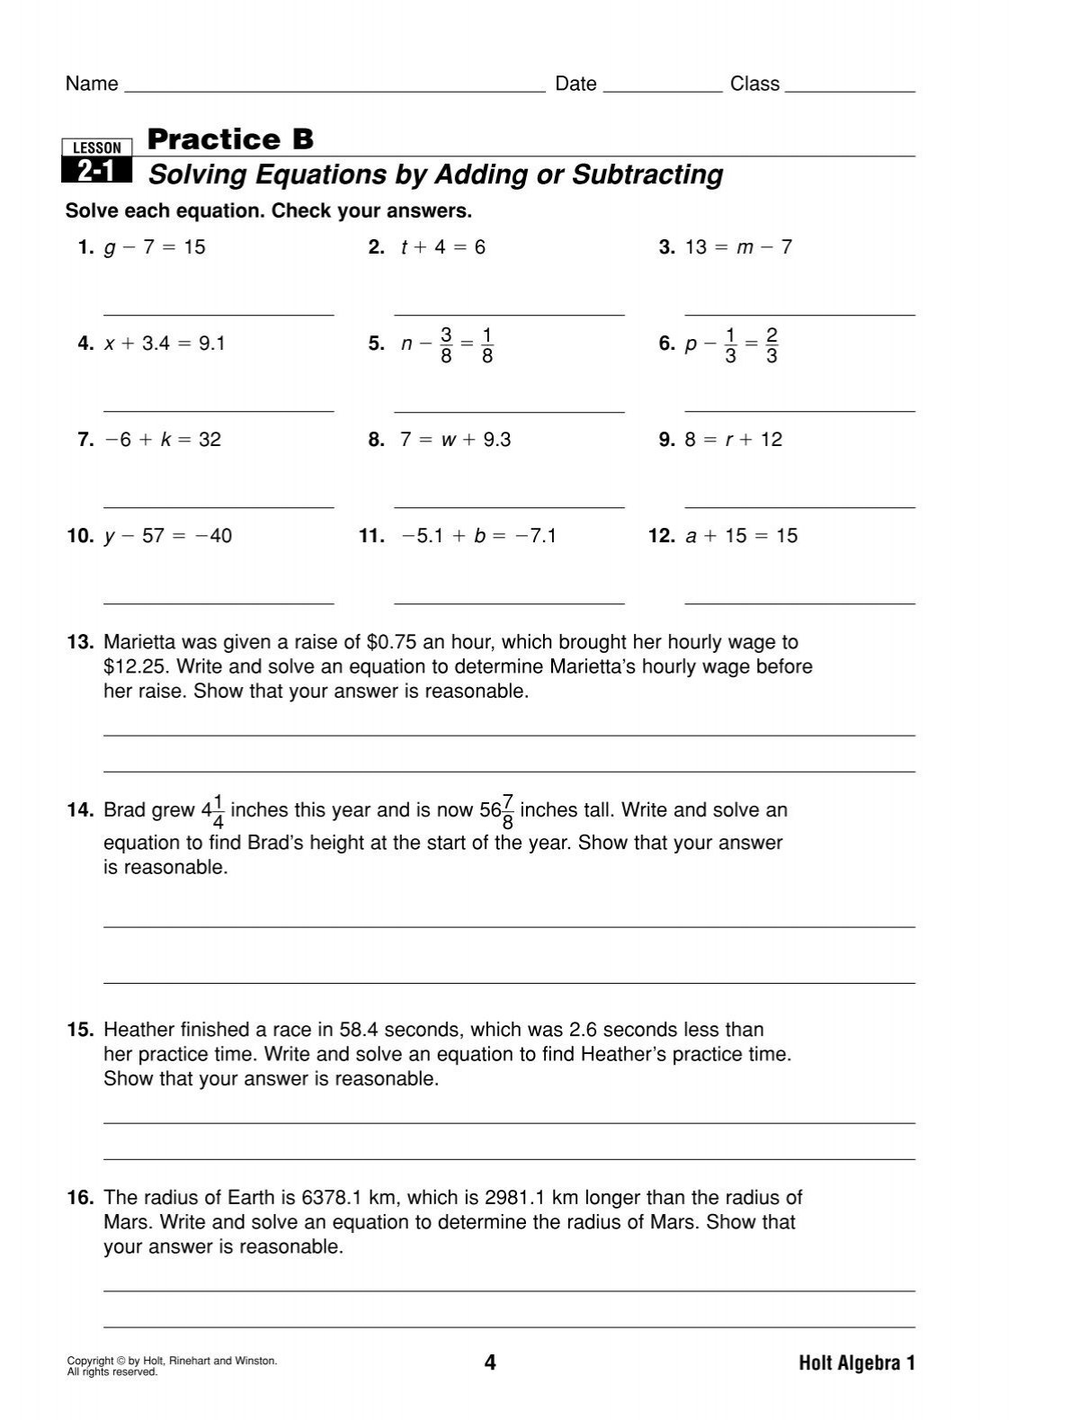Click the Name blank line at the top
(334, 91)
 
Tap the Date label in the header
(575, 84)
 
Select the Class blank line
(850, 91)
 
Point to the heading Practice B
(230, 139)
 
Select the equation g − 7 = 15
(155, 247)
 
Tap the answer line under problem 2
(509, 315)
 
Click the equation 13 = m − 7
(738, 247)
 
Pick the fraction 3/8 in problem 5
(446, 346)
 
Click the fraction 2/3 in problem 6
(771, 346)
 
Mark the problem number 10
(80, 536)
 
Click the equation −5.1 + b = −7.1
(479, 536)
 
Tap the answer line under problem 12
(799, 603)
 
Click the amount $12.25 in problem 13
(130, 667)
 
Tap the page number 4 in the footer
(490, 1363)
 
